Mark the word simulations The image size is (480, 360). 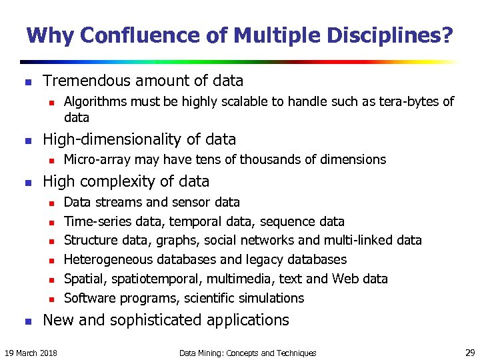[x=269, y=298]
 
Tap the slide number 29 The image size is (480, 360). [x=468, y=353]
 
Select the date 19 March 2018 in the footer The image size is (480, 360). [x=31, y=353]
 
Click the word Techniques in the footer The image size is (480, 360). [x=293, y=353]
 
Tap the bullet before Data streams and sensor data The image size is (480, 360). [x=49, y=203]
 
